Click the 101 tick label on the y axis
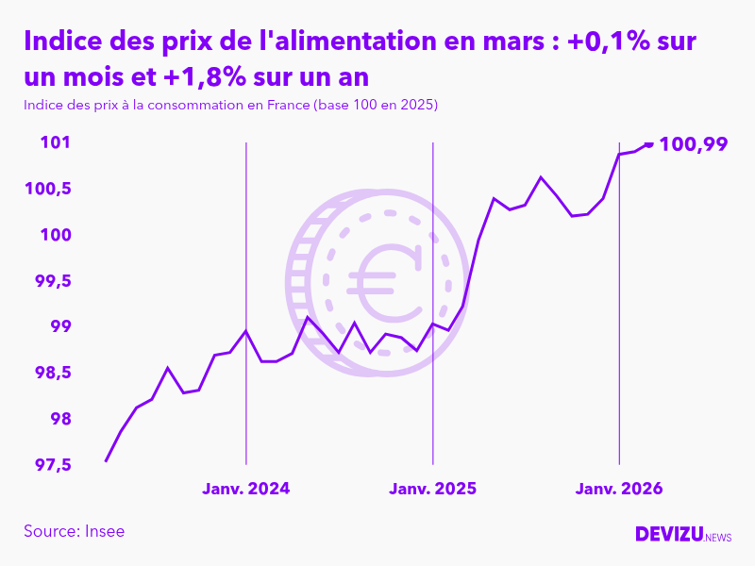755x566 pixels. coord(56,143)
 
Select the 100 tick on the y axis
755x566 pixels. coord(53,235)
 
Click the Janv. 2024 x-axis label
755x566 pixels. coord(246,489)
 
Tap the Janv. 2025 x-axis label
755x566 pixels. coord(433,489)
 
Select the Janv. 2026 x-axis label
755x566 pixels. coord(619,489)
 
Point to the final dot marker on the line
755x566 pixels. coord(649,143)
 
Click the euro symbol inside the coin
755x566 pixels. coord(384,282)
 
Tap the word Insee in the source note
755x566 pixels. coord(104,531)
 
